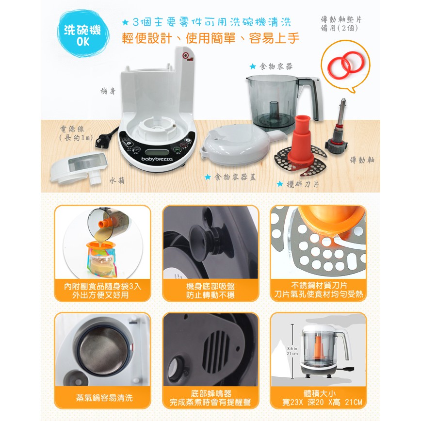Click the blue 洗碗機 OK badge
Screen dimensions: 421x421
83,34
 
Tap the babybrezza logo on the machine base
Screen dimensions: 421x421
157,159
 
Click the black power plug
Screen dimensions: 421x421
105,139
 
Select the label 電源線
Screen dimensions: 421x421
72,129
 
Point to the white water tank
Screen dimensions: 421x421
79,167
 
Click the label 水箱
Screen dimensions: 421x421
117,181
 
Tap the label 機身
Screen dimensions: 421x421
108,92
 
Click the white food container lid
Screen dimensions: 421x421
242,145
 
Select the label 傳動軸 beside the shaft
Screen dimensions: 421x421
362,160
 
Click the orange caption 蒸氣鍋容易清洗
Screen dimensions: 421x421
104,398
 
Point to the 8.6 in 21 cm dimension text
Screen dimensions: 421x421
292,351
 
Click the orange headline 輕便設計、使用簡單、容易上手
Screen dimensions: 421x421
210,38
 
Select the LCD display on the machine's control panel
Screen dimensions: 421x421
157,152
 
